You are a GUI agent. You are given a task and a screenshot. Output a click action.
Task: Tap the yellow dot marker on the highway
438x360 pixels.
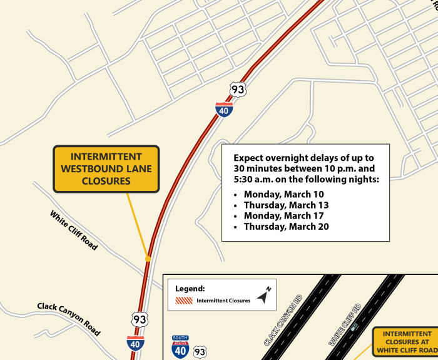148,258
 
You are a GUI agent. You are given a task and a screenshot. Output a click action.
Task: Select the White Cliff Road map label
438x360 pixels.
74,230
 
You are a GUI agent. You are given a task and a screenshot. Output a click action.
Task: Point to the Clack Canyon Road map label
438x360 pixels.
69,319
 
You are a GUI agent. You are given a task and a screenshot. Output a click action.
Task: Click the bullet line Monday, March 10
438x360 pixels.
284,194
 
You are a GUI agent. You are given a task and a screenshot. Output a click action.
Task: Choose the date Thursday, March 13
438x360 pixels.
286,205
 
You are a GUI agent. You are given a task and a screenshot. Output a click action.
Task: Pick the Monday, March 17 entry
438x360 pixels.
284,215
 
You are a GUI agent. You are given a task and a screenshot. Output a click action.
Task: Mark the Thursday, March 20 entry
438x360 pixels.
286,227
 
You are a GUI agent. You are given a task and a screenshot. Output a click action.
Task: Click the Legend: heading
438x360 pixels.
190,289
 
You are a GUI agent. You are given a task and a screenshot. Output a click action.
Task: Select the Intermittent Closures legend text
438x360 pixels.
223,301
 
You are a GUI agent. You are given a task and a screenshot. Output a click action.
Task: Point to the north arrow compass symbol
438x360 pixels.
265,296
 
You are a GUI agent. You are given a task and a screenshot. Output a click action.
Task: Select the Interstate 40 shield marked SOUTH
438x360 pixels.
181,347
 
